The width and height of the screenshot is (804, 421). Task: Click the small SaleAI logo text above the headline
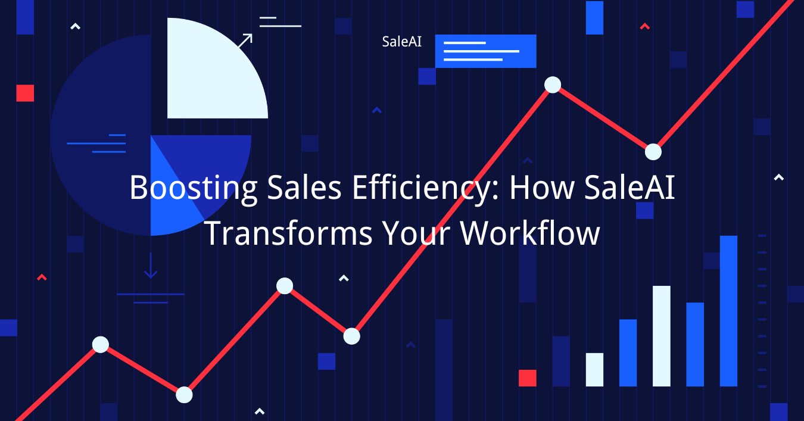(401, 42)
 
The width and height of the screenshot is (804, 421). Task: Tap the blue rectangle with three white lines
(485, 51)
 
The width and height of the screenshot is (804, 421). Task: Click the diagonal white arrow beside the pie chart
(245, 40)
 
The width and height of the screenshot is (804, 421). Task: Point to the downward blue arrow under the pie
(151, 266)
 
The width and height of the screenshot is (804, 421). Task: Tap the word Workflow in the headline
(530, 233)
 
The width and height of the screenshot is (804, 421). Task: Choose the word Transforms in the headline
(289, 233)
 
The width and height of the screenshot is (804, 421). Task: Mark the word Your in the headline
(416, 233)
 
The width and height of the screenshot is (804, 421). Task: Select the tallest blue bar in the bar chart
(728, 311)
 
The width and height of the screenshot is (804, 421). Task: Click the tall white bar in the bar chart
(662, 336)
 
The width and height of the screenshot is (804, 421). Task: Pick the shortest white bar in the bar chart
(594, 370)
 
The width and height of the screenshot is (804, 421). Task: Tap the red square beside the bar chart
(528, 378)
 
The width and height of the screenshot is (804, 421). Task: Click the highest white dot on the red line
(553, 85)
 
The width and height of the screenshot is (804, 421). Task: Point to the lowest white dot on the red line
(184, 395)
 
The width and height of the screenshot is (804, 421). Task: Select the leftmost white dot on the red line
(101, 345)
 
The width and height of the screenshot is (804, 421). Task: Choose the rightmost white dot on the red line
(653, 152)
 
